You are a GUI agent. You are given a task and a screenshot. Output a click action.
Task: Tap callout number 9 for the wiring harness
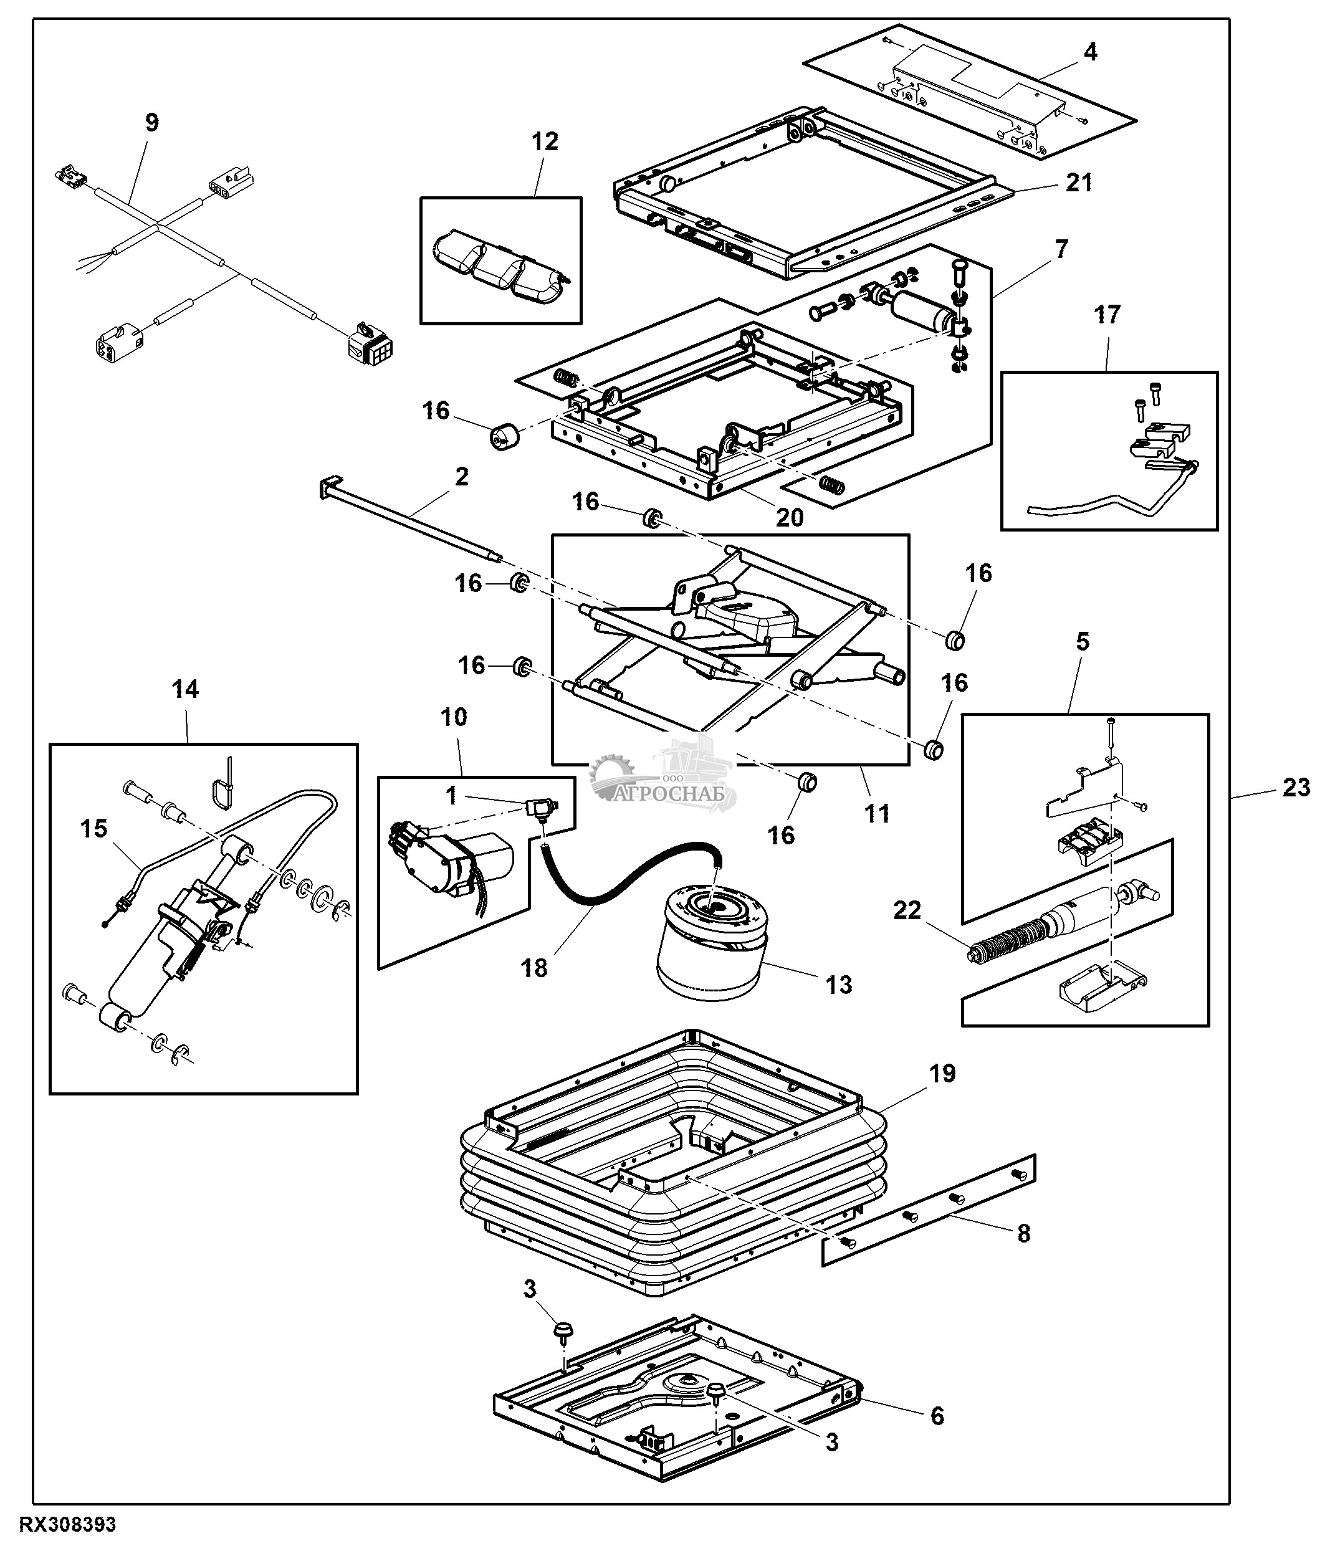[x=151, y=122]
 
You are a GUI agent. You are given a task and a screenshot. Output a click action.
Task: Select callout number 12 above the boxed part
[x=545, y=141]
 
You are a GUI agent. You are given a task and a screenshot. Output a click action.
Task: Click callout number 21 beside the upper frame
[x=1079, y=181]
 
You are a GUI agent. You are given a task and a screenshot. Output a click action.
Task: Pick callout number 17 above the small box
[x=1107, y=315]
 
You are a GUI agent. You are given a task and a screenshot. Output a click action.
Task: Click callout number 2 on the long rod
[x=461, y=476]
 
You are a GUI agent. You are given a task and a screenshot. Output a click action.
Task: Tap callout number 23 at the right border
[x=1295, y=787]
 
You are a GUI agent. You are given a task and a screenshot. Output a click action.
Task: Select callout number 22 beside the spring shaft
[x=907, y=910]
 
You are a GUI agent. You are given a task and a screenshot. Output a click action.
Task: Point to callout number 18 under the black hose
[x=534, y=968]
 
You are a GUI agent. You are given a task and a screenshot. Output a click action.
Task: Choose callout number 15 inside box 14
[x=94, y=828]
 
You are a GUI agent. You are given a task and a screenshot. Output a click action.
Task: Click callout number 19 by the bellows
[x=942, y=1074]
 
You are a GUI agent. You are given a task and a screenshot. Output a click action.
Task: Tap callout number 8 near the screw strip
[x=1023, y=1233]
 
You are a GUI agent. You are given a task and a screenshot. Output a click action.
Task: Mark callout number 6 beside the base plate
[x=937, y=1415]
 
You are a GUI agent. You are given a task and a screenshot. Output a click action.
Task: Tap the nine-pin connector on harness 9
[x=370, y=344]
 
